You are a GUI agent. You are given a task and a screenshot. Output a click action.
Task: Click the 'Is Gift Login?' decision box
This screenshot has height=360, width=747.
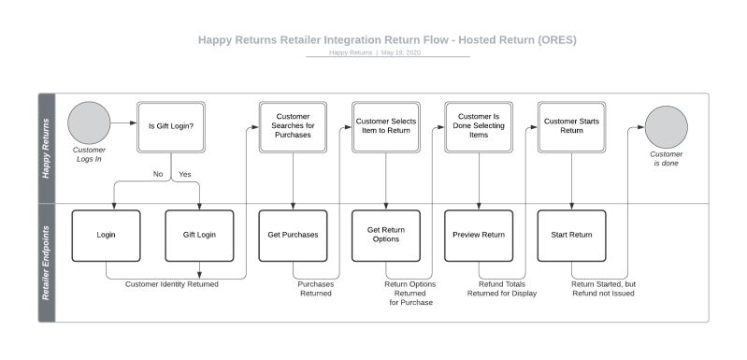point(171,126)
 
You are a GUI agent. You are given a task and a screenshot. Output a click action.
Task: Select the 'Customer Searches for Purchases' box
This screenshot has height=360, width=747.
point(293,126)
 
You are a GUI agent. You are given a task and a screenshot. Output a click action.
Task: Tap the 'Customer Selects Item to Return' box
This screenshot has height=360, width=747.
point(385,126)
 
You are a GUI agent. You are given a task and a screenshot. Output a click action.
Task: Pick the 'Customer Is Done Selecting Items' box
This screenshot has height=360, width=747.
point(478,126)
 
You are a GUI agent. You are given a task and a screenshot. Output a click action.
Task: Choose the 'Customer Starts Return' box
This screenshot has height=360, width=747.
point(570,126)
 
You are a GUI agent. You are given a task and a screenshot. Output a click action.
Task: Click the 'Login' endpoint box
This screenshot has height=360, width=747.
point(106,235)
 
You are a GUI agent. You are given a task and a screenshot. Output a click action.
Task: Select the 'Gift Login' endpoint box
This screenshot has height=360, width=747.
point(199,235)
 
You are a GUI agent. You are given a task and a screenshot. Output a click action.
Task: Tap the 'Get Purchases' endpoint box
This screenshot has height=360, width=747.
point(293,235)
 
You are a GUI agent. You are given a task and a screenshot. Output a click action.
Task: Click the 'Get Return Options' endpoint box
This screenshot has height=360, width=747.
point(385,235)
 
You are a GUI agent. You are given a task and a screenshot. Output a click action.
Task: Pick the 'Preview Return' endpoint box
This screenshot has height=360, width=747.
point(478,235)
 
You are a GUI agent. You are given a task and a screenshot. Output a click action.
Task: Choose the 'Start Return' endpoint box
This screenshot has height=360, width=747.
point(570,235)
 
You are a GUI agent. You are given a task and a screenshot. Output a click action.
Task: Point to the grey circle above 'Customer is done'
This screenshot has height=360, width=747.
point(666,126)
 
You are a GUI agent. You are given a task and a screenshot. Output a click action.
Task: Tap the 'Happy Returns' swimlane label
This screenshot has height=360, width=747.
point(47,148)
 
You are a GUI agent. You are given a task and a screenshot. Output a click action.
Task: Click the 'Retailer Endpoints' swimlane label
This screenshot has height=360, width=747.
point(47,263)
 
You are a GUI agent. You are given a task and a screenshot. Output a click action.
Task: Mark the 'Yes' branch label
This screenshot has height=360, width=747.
point(184,174)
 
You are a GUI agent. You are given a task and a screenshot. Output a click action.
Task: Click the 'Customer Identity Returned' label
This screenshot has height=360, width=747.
point(172,284)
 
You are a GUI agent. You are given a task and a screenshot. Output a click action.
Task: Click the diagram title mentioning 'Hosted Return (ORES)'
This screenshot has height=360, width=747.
point(387,39)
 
